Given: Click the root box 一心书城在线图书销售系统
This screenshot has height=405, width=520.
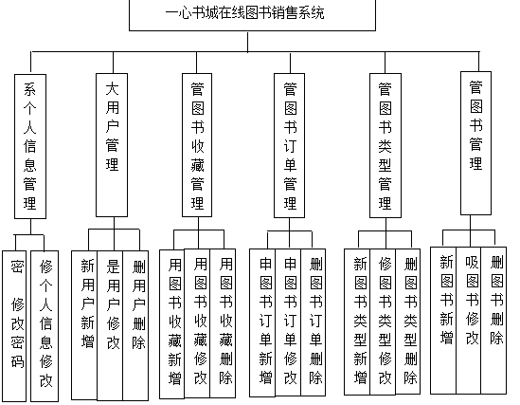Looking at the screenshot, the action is (x=252, y=15).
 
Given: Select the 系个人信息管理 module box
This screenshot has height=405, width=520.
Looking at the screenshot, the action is (x=30, y=146).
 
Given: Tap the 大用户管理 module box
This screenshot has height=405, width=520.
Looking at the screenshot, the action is (x=112, y=145).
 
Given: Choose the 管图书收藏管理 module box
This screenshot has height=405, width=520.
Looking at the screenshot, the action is (x=197, y=145).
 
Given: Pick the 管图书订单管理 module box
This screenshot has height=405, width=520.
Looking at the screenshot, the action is (x=289, y=146).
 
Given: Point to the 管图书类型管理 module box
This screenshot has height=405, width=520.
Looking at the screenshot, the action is (x=386, y=146).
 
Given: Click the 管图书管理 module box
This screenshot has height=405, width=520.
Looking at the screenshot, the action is (x=475, y=143).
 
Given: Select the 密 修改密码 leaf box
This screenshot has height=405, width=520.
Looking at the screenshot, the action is (x=14, y=326).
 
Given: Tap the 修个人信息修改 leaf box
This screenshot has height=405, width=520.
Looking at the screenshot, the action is (x=45, y=326).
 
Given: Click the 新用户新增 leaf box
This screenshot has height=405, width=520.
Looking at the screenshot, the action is (x=84, y=325).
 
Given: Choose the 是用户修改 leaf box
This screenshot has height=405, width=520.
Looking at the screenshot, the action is (x=110, y=325).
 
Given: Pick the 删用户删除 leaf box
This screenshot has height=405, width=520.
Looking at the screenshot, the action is (x=135, y=325).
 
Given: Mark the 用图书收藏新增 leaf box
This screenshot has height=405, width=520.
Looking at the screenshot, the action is (x=172, y=324).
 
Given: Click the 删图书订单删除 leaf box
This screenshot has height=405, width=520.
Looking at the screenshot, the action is (x=314, y=322).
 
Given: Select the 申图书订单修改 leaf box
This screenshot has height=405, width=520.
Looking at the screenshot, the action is (x=288, y=322).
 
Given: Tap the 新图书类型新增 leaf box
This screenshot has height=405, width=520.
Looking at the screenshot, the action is (x=357, y=322).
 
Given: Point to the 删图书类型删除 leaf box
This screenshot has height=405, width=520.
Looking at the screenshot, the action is (x=408, y=322).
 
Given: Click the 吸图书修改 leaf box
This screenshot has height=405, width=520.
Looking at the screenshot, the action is (x=469, y=321).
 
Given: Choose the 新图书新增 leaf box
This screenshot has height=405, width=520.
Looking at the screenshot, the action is (x=443, y=321).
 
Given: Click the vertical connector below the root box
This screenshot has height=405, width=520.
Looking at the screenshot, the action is (x=248, y=42).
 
